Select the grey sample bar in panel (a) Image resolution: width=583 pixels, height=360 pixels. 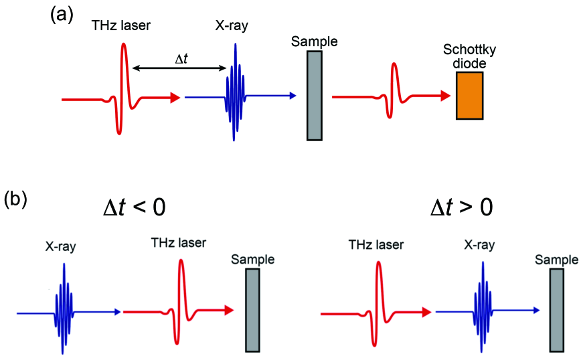point(315,96)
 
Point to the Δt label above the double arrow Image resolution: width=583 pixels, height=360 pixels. point(181,60)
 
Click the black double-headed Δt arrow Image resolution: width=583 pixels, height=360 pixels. point(180,68)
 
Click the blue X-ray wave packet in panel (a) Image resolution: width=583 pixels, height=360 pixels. point(235,94)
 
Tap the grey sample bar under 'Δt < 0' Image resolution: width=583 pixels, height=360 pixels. point(252,309)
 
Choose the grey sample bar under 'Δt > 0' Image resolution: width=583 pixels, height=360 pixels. point(556,310)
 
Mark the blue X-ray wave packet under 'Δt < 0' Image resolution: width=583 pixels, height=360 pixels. point(64,309)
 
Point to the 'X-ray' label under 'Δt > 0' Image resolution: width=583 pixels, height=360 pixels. point(481,246)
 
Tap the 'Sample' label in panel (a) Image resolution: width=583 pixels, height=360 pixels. point(315,42)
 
